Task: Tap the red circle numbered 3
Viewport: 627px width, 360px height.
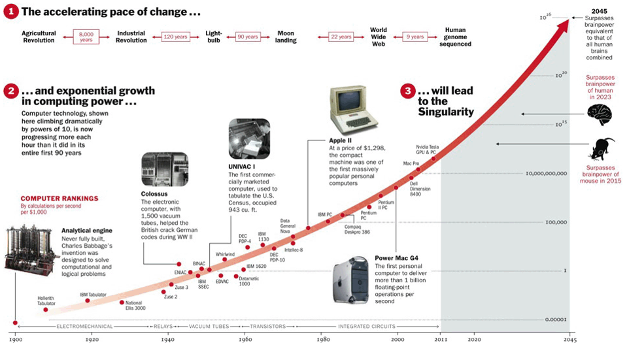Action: coord(409,91)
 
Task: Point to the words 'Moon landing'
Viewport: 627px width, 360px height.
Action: coord(286,37)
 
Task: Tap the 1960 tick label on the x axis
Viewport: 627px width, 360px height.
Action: coord(245,340)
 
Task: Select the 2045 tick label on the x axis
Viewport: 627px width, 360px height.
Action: coord(570,340)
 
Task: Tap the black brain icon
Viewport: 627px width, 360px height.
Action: coord(600,115)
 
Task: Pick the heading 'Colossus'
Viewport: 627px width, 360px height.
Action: coord(155,193)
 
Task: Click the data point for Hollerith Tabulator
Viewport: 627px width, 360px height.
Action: coord(46,310)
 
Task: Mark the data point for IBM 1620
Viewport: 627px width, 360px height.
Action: coord(243,269)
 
